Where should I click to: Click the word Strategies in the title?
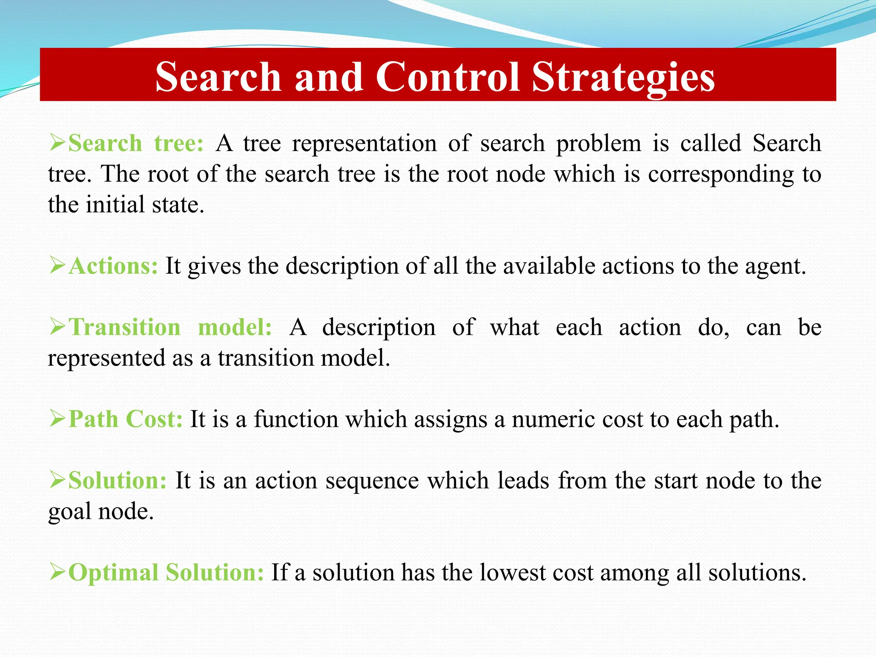[x=623, y=77]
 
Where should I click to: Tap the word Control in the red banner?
[x=447, y=77]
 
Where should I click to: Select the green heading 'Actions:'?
[x=113, y=266]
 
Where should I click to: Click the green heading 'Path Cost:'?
[x=126, y=419]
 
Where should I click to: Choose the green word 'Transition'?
[x=125, y=327]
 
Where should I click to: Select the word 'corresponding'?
[x=721, y=175]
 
